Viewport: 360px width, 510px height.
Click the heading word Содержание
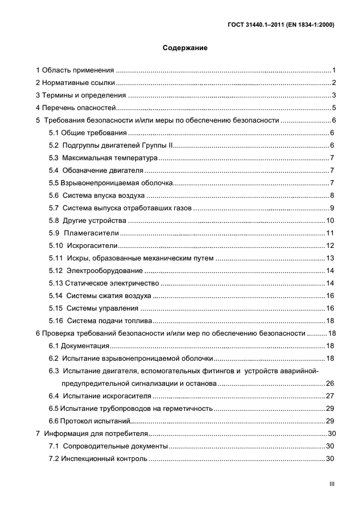coord(185,48)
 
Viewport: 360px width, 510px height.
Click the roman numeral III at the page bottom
coord(331,483)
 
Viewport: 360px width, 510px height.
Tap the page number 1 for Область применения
coord(333,70)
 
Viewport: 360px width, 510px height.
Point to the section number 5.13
coord(56,283)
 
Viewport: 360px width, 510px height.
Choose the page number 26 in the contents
coord(330,384)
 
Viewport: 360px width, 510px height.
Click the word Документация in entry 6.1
coord(85,346)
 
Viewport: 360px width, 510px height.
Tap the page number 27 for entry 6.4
coord(330,396)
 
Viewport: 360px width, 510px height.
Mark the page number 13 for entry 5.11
coord(330,258)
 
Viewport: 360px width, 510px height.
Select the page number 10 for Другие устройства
coord(330,221)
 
